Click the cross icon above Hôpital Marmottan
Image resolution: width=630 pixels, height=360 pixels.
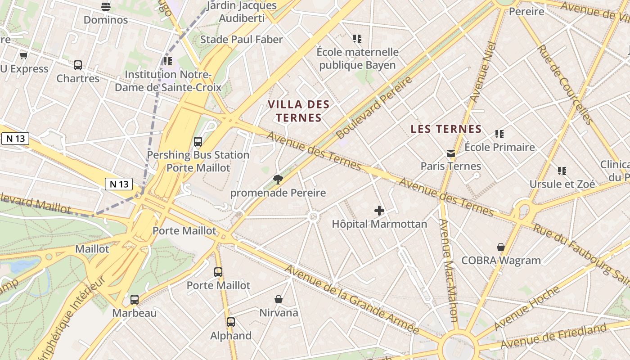tap(379, 211)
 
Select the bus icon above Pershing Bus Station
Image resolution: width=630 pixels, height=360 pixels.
tap(198, 142)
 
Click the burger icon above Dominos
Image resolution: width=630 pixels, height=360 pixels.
tap(106, 7)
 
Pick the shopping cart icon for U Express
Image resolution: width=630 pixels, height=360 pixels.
tap(24, 55)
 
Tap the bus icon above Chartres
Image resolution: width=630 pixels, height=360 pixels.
tap(78, 65)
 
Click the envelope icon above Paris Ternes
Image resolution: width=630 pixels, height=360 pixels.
tap(451, 153)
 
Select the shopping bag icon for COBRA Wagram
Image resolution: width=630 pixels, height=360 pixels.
tap(501, 247)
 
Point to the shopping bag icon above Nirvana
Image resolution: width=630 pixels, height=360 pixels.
tap(279, 299)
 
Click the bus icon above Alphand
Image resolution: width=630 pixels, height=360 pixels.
tap(231, 322)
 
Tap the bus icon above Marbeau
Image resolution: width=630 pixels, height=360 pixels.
tap(134, 300)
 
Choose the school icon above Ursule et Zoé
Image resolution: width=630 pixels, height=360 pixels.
tap(562, 171)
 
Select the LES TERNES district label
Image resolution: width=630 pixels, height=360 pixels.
tap(446, 129)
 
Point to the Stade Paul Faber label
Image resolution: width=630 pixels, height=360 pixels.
tap(241, 40)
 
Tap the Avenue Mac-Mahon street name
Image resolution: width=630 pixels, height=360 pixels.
tap(448, 270)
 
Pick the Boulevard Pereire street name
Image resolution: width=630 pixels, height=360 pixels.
tap(374, 108)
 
